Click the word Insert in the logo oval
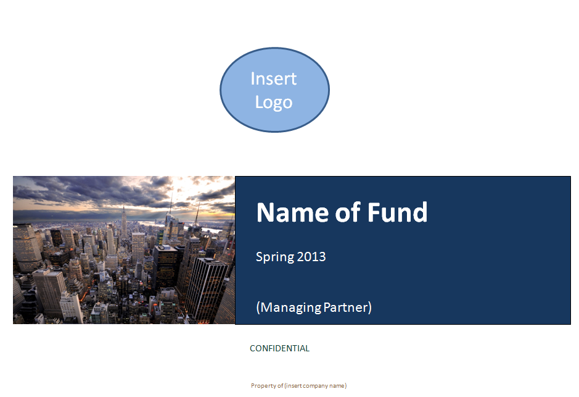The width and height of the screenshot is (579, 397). click(273, 79)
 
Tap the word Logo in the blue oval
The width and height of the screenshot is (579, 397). click(274, 102)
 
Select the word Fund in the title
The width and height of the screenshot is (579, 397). click(397, 212)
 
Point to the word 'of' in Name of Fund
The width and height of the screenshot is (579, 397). click(348, 212)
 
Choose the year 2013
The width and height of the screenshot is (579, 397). click(311, 256)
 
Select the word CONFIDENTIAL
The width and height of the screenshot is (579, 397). click(279, 348)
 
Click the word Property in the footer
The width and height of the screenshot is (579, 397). click(263, 386)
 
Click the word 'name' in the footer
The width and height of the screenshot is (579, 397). click(337, 386)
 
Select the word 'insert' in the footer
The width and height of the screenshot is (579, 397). click(294, 385)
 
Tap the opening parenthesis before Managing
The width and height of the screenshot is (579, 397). click(258, 307)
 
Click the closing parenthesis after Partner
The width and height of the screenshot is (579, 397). click(369, 307)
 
